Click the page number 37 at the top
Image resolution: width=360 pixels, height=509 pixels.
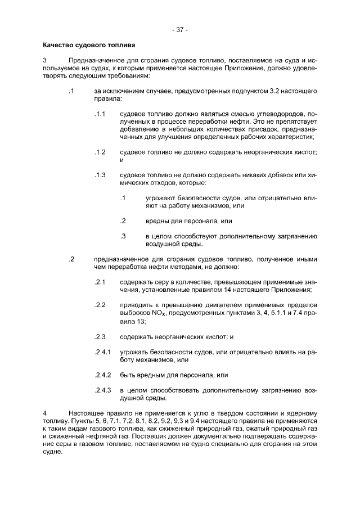point(180,30)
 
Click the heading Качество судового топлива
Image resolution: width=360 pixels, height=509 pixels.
point(88,44)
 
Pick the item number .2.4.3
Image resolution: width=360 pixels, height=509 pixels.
point(103,390)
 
